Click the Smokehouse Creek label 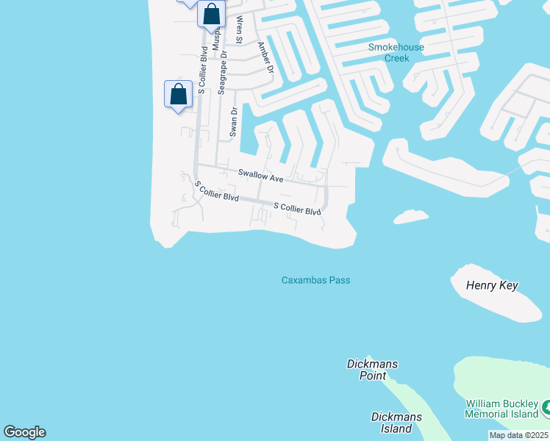point(396,52)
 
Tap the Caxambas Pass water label point(315,280)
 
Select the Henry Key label point(492,285)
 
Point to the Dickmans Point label point(367,370)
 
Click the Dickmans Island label point(396,423)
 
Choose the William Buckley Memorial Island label point(503,409)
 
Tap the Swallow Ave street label point(260,176)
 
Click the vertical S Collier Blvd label point(201,69)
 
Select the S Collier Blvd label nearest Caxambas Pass point(297,209)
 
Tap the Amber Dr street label point(265,57)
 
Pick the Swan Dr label point(234,122)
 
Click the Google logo point(24,432)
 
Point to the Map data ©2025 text point(518,435)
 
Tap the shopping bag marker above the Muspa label point(211,15)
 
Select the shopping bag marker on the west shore point(178,94)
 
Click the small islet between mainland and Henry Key point(411,216)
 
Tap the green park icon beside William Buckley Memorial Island point(546,406)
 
